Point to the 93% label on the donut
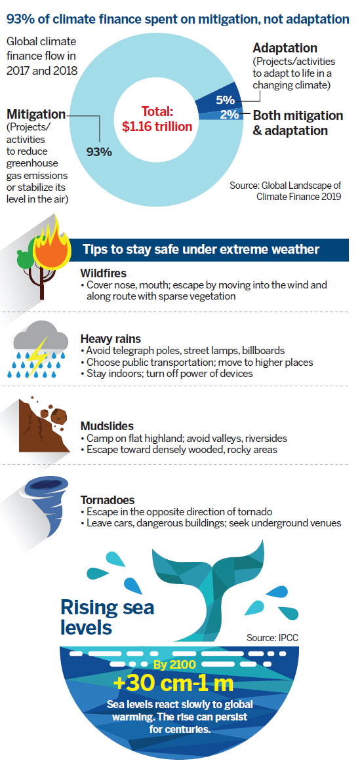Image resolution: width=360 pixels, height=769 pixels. click(x=99, y=151)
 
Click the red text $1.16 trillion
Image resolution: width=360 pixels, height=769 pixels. click(x=157, y=127)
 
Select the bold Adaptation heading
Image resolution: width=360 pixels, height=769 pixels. click(x=285, y=48)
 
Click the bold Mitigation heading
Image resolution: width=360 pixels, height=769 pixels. click(x=36, y=114)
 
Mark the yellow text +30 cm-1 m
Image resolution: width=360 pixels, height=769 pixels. click(x=180, y=683)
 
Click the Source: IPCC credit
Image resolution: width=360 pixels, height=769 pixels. click(x=273, y=638)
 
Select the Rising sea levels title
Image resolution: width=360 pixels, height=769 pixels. click(x=107, y=616)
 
